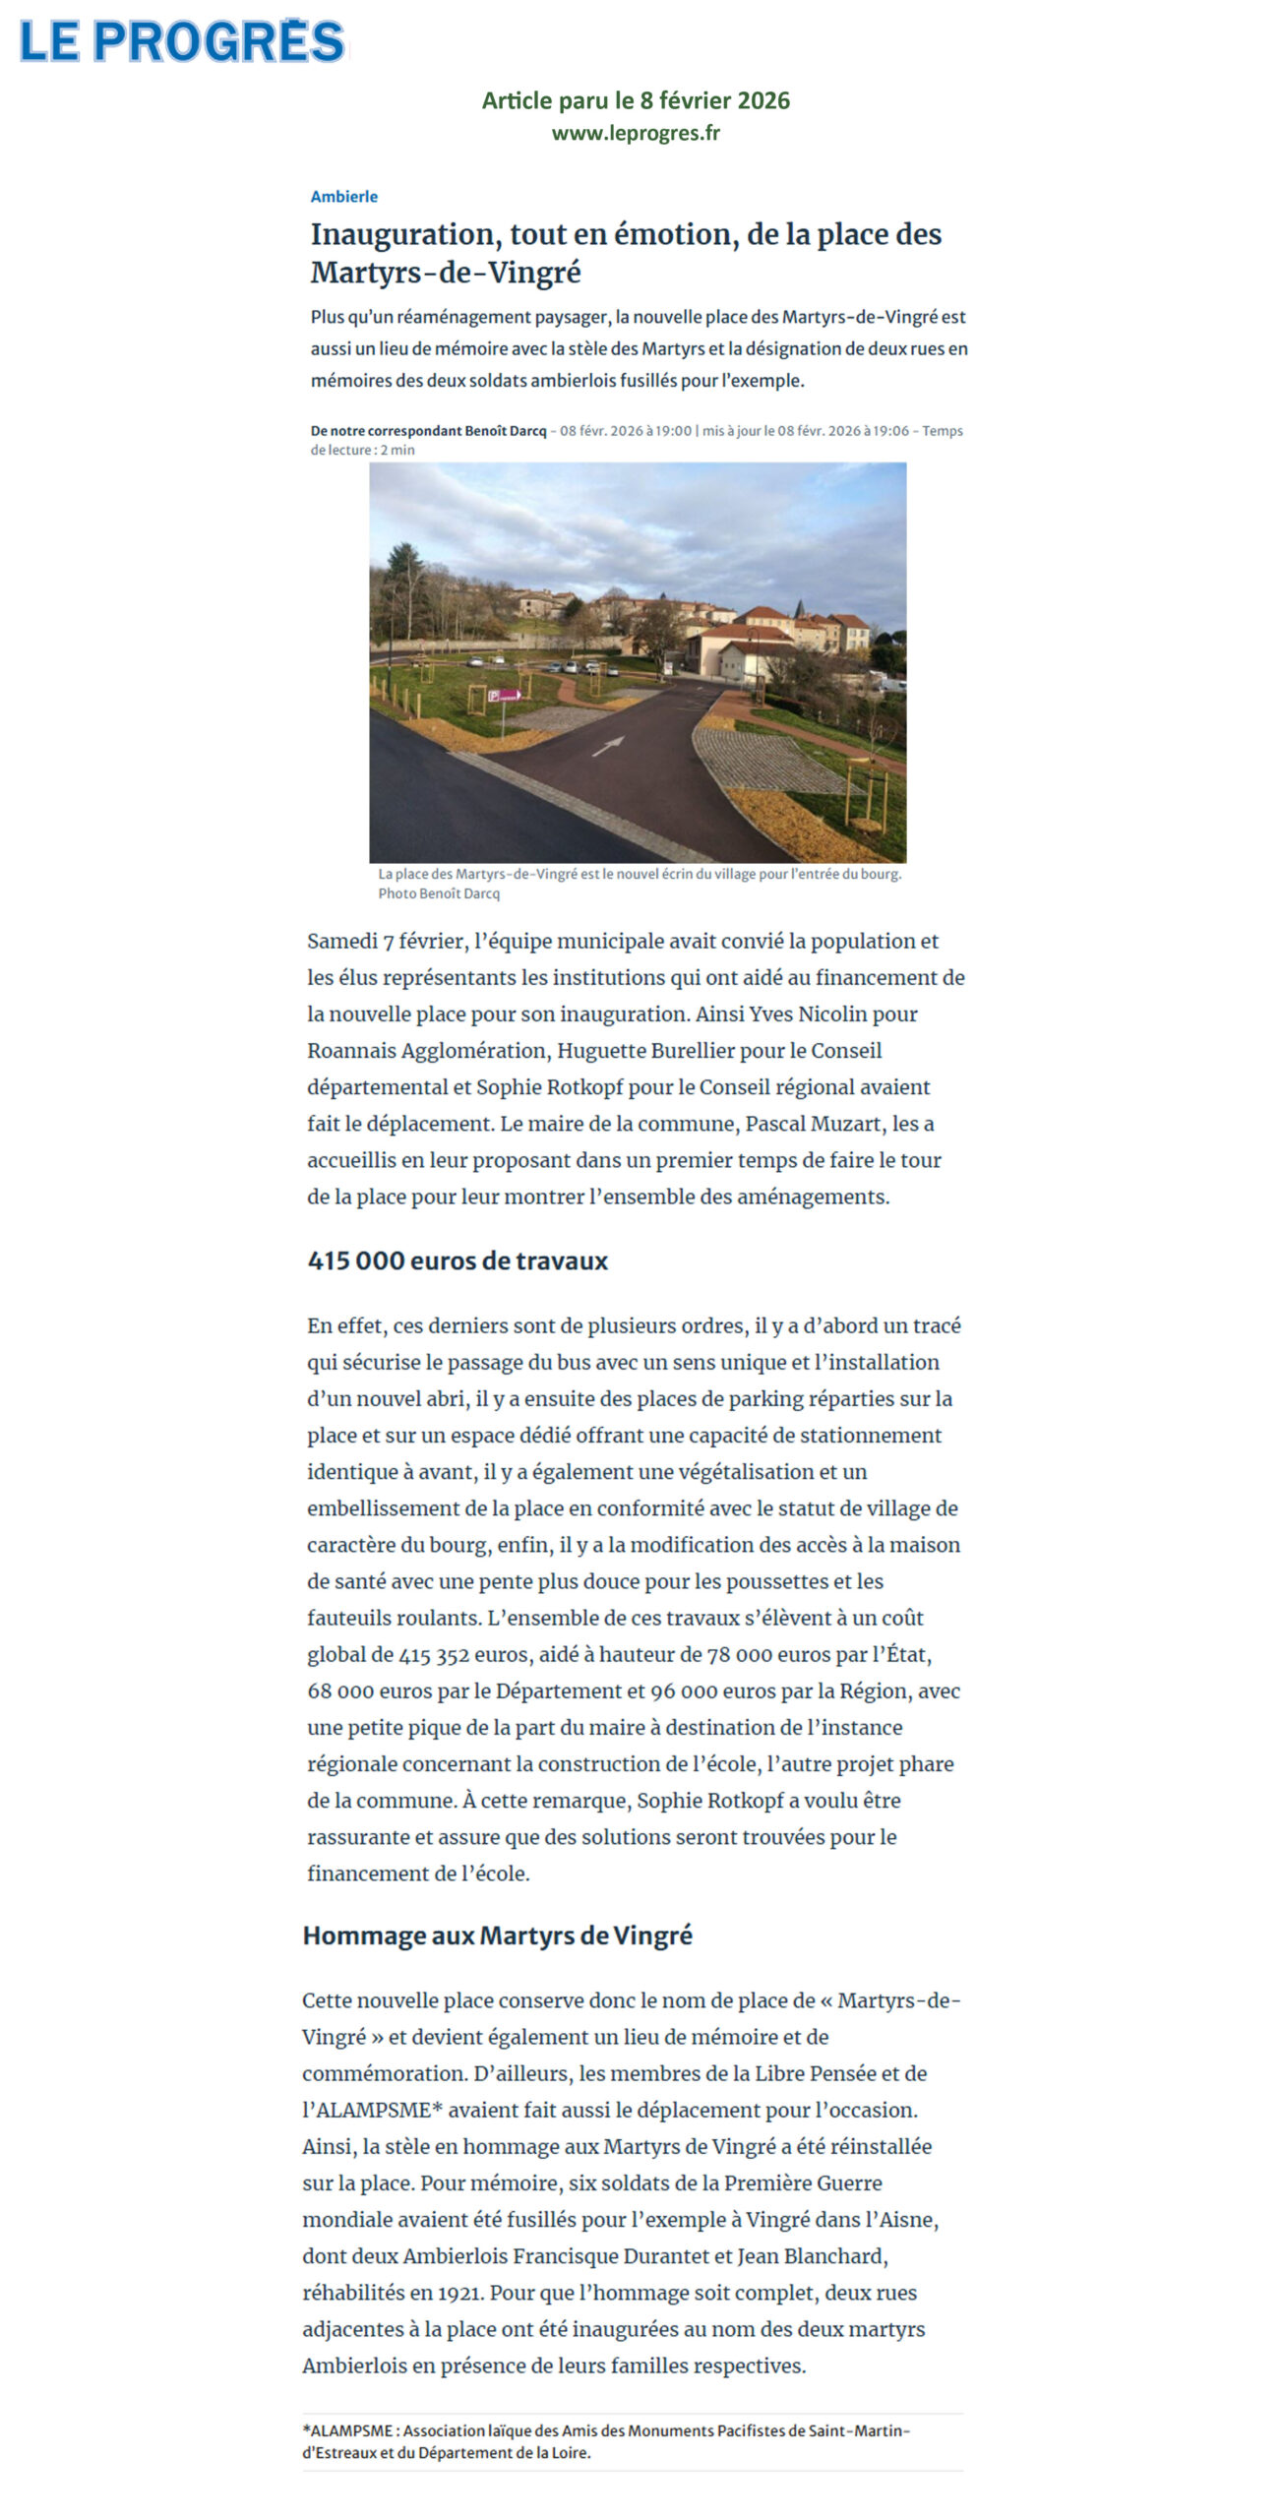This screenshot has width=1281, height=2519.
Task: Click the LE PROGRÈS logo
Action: (x=182, y=41)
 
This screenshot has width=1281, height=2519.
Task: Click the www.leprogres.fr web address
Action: (x=636, y=133)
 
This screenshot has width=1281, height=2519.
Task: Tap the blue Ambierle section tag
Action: (x=344, y=197)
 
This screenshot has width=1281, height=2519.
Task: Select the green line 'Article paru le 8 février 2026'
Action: (x=636, y=100)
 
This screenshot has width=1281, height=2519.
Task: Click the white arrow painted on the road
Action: (x=608, y=746)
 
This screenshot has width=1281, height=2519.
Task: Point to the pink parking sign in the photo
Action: (x=505, y=695)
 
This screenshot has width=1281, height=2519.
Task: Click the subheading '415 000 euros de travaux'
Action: (x=457, y=1260)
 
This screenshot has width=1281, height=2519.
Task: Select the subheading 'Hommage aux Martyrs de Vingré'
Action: (x=497, y=1935)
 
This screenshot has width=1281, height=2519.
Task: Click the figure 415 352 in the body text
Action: (x=434, y=1655)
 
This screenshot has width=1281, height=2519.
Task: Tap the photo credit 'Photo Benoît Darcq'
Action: (x=439, y=893)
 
